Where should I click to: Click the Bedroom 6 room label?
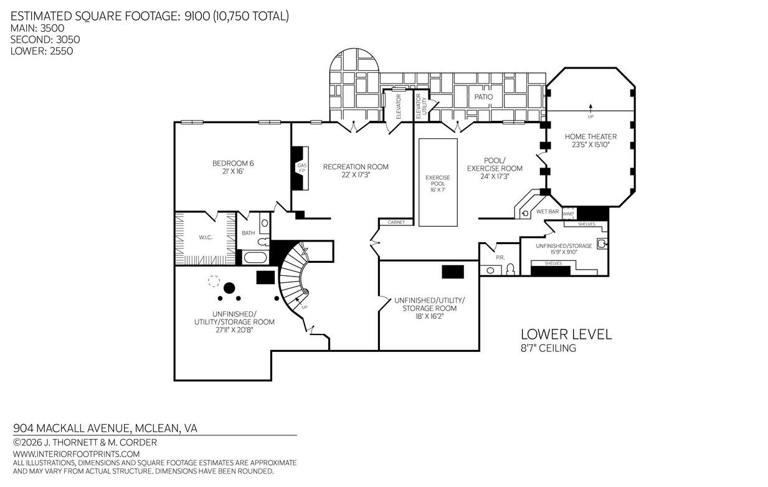click(x=233, y=168)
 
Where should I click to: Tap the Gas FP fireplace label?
click(x=302, y=168)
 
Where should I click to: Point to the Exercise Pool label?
click(x=438, y=183)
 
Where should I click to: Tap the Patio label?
click(x=483, y=97)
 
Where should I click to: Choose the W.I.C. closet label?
click(x=206, y=237)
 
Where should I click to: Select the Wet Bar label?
click(x=548, y=212)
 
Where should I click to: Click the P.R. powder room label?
click(x=500, y=258)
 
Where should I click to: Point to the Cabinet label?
click(x=396, y=222)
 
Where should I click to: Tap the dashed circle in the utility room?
click(x=214, y=281)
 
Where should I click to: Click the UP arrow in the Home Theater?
click(x=590, y=108)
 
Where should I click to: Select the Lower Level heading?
click(x=566, y=334)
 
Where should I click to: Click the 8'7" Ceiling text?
click(x=549, y=348)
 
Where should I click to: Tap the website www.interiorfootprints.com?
click(x=77, y=454)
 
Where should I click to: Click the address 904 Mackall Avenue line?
click(x=105, y=428)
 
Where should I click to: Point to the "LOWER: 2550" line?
click(x=42, y=51)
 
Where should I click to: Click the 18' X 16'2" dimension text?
click(x=429, y=316)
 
